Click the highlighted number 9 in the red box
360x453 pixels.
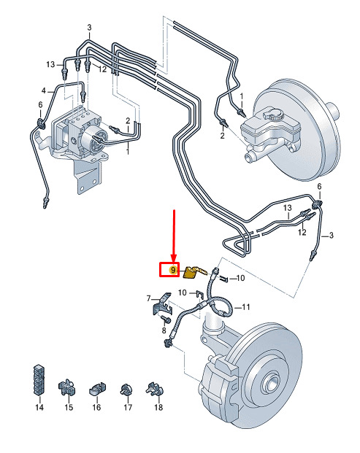pos(173,270)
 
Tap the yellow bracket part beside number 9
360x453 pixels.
pos(194,273)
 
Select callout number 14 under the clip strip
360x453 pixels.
pos(39,407)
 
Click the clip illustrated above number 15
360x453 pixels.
pos(66,388)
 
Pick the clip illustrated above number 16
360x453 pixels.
pos(97,389)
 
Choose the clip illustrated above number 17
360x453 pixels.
pos(126,390)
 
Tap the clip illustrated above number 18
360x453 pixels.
pos(155,389)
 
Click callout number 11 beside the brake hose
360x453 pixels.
pos(245,307)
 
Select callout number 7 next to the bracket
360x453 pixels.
pos(149,298)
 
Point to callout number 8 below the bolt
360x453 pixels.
pos(164,330)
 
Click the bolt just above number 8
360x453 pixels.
pos(166,320)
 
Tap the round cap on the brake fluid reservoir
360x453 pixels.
pos(272,115)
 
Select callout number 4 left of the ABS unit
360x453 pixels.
pos(44,90)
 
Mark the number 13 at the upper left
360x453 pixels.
pos(50,64)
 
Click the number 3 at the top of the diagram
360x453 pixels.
pos(89,28)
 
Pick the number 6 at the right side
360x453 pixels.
pos(319,186)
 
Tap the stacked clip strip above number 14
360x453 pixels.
pos(39,380)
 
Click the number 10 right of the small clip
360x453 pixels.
pos(240,278)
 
